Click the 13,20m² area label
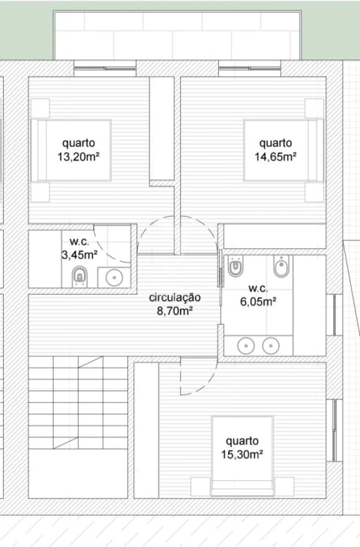coord(79,157)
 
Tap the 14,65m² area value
coord(275,157)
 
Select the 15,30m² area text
coord(241,455)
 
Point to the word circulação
coord(175,298)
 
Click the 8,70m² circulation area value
coord(175,311)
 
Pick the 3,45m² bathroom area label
coord(79,255)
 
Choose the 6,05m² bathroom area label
coord(258,301)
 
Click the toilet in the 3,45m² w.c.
coord(79,276)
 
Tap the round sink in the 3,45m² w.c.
coord(114,278)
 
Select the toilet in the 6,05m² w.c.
coord(235,266)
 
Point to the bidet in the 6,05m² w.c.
coord(281,266)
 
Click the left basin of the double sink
coord(246,346)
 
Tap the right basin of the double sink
coord(271,346)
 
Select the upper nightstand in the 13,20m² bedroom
coord(40,109)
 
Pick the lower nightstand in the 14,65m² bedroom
coord(314,192)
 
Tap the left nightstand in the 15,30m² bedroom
coord(200,487)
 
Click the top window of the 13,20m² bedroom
coord(105,68)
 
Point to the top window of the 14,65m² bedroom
coord(250,68)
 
